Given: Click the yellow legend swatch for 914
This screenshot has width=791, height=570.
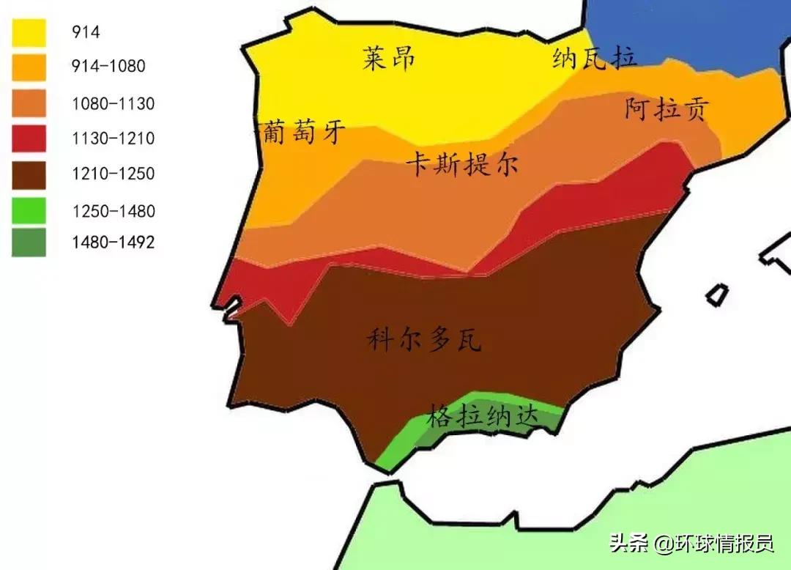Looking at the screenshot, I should (x=29, y=32).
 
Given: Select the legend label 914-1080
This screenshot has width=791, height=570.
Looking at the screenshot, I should (x=108, y=67).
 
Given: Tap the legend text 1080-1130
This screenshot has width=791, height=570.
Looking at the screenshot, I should (x=113, y=103).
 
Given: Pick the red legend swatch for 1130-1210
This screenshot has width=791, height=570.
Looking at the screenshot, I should (x=29, y=138).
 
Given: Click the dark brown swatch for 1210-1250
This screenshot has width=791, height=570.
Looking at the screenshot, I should (x=29, y=174).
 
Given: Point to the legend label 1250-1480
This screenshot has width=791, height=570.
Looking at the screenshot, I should (x=113, y=212).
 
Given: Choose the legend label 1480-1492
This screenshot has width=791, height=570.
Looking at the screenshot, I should (x=113, y=243).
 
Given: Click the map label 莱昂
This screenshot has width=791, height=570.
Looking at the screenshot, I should (x=389, y=58).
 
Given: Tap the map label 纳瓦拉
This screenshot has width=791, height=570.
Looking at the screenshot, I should (x=595, y=59).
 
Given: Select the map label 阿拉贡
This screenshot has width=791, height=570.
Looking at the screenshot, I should (x=666, y=109).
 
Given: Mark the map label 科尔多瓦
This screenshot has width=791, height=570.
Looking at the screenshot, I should (x=424, y=340).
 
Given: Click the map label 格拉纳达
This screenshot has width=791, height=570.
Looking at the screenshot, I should (x=483, y=416).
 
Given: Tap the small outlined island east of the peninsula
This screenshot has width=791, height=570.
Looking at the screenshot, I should (x=717, y=295).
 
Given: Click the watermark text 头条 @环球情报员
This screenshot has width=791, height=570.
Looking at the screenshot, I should (x=692, y=544).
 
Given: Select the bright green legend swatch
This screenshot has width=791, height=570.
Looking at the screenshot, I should (x=29, y=211).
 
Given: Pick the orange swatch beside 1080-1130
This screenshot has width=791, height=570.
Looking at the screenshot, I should (x=29, y=103).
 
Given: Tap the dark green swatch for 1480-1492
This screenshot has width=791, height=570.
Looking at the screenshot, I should (x=29, y=243).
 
